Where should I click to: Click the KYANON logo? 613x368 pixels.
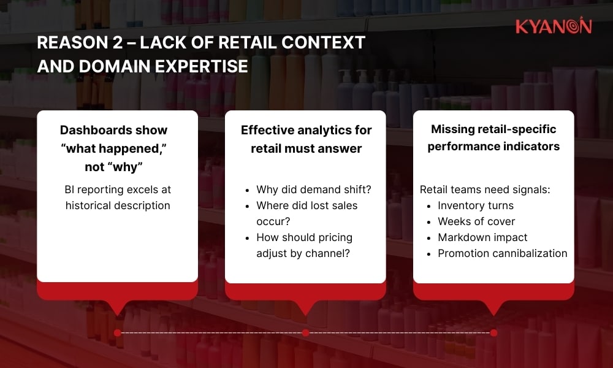553,26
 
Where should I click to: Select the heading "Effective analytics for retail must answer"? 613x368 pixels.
306,139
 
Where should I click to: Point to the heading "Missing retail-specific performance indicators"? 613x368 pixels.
493,137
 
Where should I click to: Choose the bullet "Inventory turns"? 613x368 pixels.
475,205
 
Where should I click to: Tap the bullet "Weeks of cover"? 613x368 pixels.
476,221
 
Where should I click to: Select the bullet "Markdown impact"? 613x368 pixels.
482,237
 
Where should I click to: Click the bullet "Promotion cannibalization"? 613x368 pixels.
502,253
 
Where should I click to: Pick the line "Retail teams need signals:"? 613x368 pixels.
485,190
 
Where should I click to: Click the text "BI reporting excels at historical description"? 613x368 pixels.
117,197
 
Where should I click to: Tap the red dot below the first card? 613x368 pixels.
117,332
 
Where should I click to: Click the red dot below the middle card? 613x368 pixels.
305,332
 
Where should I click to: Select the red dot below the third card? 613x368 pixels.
493,332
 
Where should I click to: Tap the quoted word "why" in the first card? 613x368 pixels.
133,167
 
